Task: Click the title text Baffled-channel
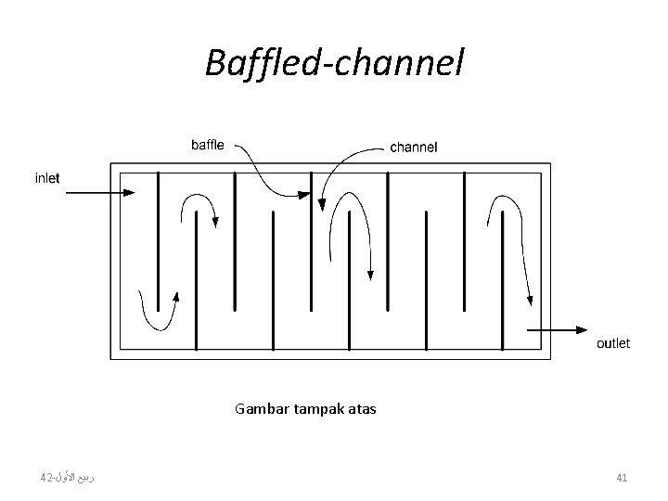pyautogui.click(x=333, y=64)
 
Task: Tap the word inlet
pyautogui.click(x=46, y=178)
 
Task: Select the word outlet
pyautogui.click(x=612, y=343)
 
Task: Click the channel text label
pyautogui.click(x=414, y=147)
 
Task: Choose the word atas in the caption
pyautogui.click(x=361, y=408)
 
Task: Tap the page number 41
pyautogui.click(x=623, y=478)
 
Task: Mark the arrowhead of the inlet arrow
pyautogui.click(x=129, y=193)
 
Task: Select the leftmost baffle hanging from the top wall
pyautogui.click(x=159, y=241)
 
